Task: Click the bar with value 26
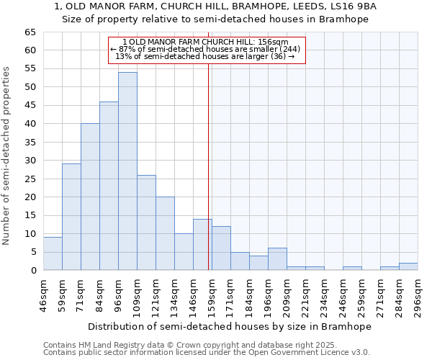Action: click(x=146, y=222)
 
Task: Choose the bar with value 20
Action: click(x=165, y=233)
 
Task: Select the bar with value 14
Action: click(x=202, y=245)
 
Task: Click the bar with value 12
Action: click(x=221, y=248)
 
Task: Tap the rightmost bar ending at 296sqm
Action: click(x=408, y=266)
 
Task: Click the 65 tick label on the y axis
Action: click(x=30, y=32)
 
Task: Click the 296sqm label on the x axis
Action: click(x=418, y=296)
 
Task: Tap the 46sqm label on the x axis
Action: click(x=43, y=296)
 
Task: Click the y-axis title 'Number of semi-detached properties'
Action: click(x=7, y=156)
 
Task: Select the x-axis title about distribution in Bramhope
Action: click(x=230, y=326)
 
